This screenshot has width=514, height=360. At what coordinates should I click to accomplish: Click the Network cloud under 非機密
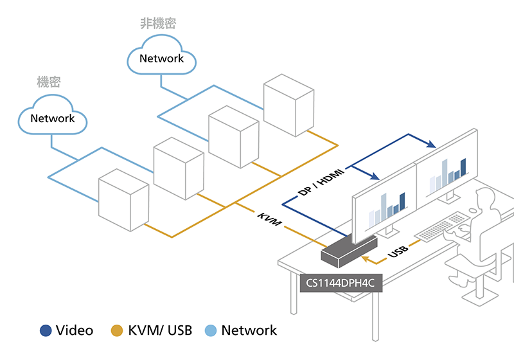(x=161, y=59)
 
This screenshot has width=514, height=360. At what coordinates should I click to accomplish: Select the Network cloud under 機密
(x=53, y=118)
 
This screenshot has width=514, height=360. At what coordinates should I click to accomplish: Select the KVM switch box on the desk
(x=348, y=251)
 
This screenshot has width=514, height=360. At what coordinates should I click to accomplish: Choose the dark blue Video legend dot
(x=46, y=331)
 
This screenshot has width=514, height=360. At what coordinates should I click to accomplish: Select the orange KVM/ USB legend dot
(x=117, y=331)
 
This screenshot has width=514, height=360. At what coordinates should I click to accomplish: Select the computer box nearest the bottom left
(x=123, y=197)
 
